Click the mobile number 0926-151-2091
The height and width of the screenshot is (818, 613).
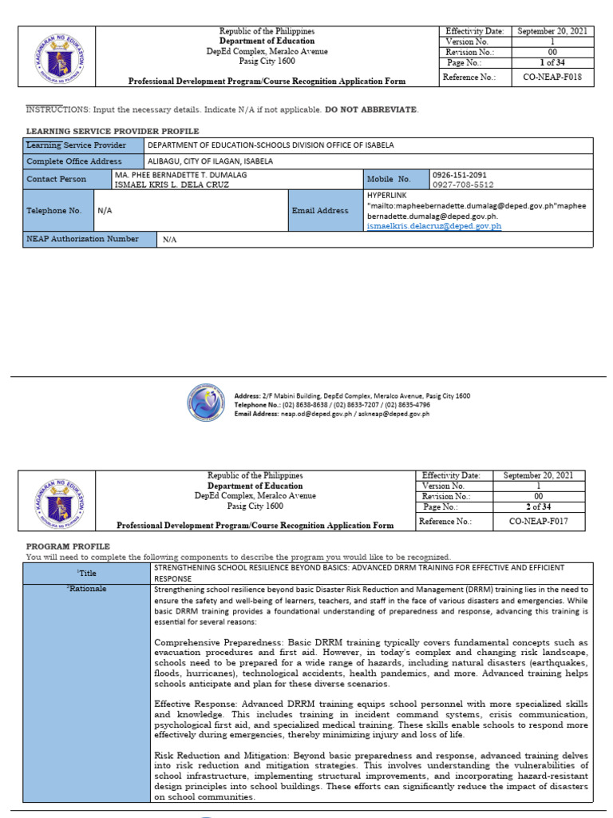pyautogui.click(x=459, y=174)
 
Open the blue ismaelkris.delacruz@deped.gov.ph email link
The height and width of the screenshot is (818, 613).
pyautogui.click(x=433, y=226)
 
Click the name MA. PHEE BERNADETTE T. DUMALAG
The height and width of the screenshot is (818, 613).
pyautogui.click(x=180, y=174)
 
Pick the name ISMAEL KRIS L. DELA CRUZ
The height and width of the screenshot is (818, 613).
pyautogui.click(x=172, y=185)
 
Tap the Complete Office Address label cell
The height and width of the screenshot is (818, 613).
pyautogui.click(x=73, y=161)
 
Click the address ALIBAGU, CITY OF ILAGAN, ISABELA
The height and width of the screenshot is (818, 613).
pyautogui.click(x=210, y=161)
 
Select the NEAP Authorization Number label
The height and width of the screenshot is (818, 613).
pyautogui.click(x=82, y=239)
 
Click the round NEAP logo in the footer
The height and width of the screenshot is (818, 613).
pyautogui.click(x=208, y=403)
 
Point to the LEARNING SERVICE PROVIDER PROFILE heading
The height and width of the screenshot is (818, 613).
pyautogui.click(x=113, y=131)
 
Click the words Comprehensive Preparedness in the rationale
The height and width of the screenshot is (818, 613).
pyautogui.click(x=210, y=642)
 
